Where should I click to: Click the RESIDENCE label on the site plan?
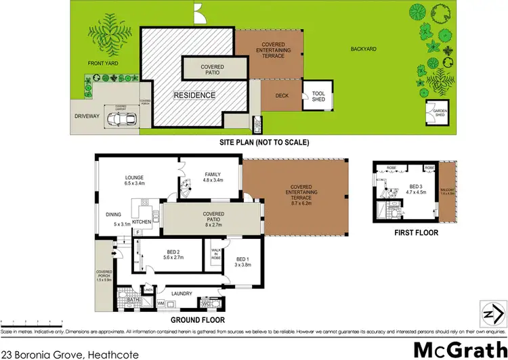point(194,95)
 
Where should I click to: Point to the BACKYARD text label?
point(363,49)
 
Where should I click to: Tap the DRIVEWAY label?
point(87,116)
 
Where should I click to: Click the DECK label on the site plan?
point(282,95)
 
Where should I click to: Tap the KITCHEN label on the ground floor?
point(141,222)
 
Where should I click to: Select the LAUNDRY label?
point(182,293)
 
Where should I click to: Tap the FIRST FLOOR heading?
point(416,233)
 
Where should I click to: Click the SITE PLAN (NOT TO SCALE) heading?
point(264,143)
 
